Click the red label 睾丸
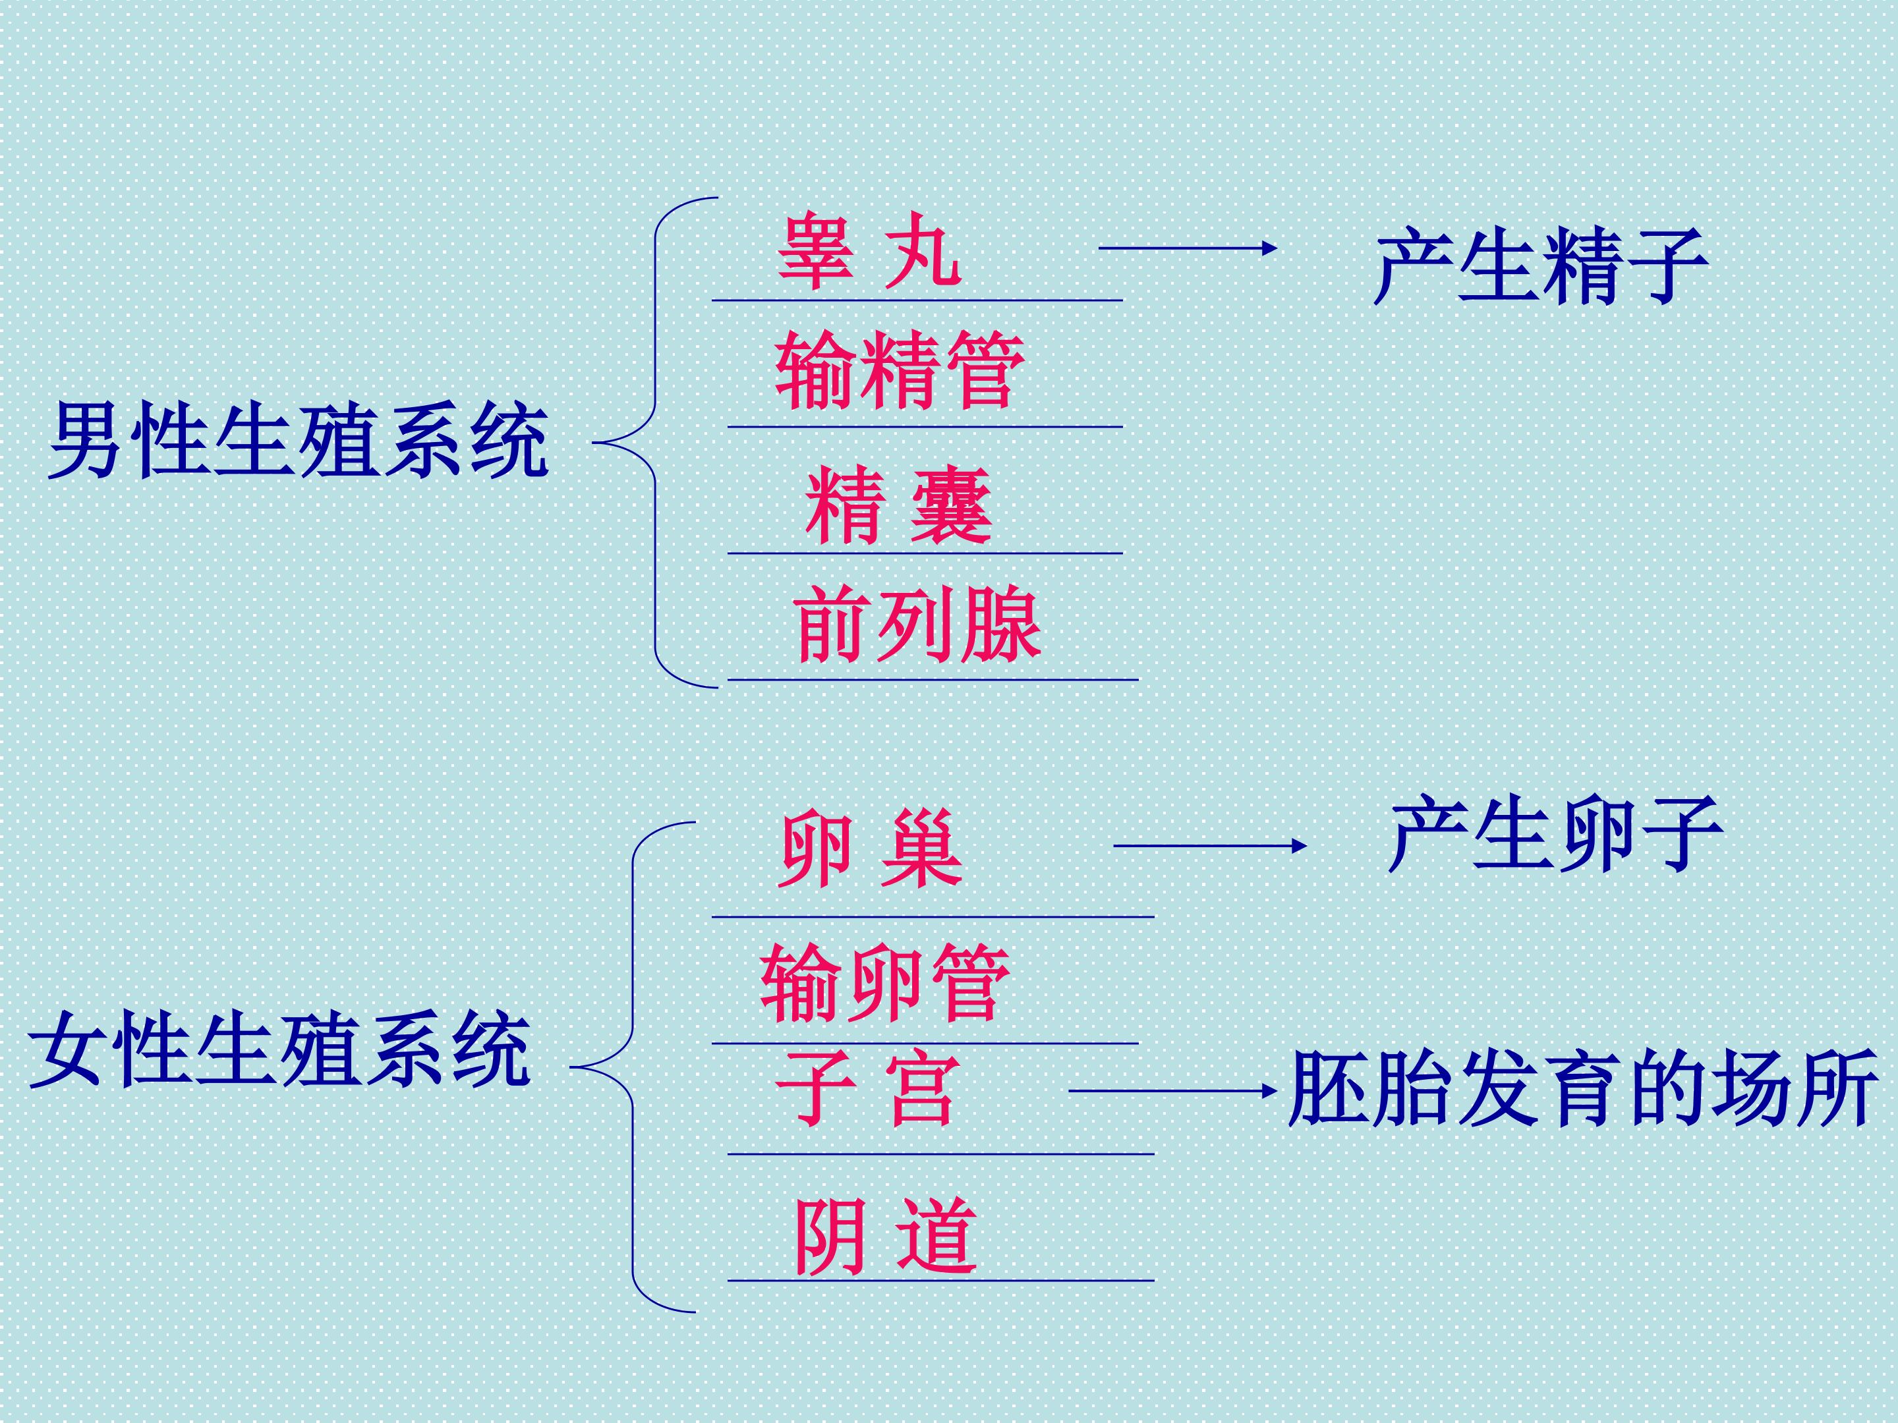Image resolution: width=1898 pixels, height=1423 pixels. click(x=869, y=250)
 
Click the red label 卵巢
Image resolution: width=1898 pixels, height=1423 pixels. click(x=871, y=851)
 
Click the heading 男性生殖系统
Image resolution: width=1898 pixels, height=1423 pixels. click(x=298, y=441)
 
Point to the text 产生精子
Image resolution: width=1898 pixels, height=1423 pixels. click(x=1539, y=266)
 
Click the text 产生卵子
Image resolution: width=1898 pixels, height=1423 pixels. click(x=1555, y=834)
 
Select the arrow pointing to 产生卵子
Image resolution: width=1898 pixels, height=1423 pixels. click(x=1209, y=846)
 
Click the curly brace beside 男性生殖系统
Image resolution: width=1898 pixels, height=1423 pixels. click(x=656, y=443)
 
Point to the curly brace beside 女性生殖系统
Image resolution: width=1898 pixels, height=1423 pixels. click(x=633, y=1067)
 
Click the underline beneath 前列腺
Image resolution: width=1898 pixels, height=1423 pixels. click(x=933, y=680)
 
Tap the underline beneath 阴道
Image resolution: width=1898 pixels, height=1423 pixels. click(x=940, y=1281)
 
